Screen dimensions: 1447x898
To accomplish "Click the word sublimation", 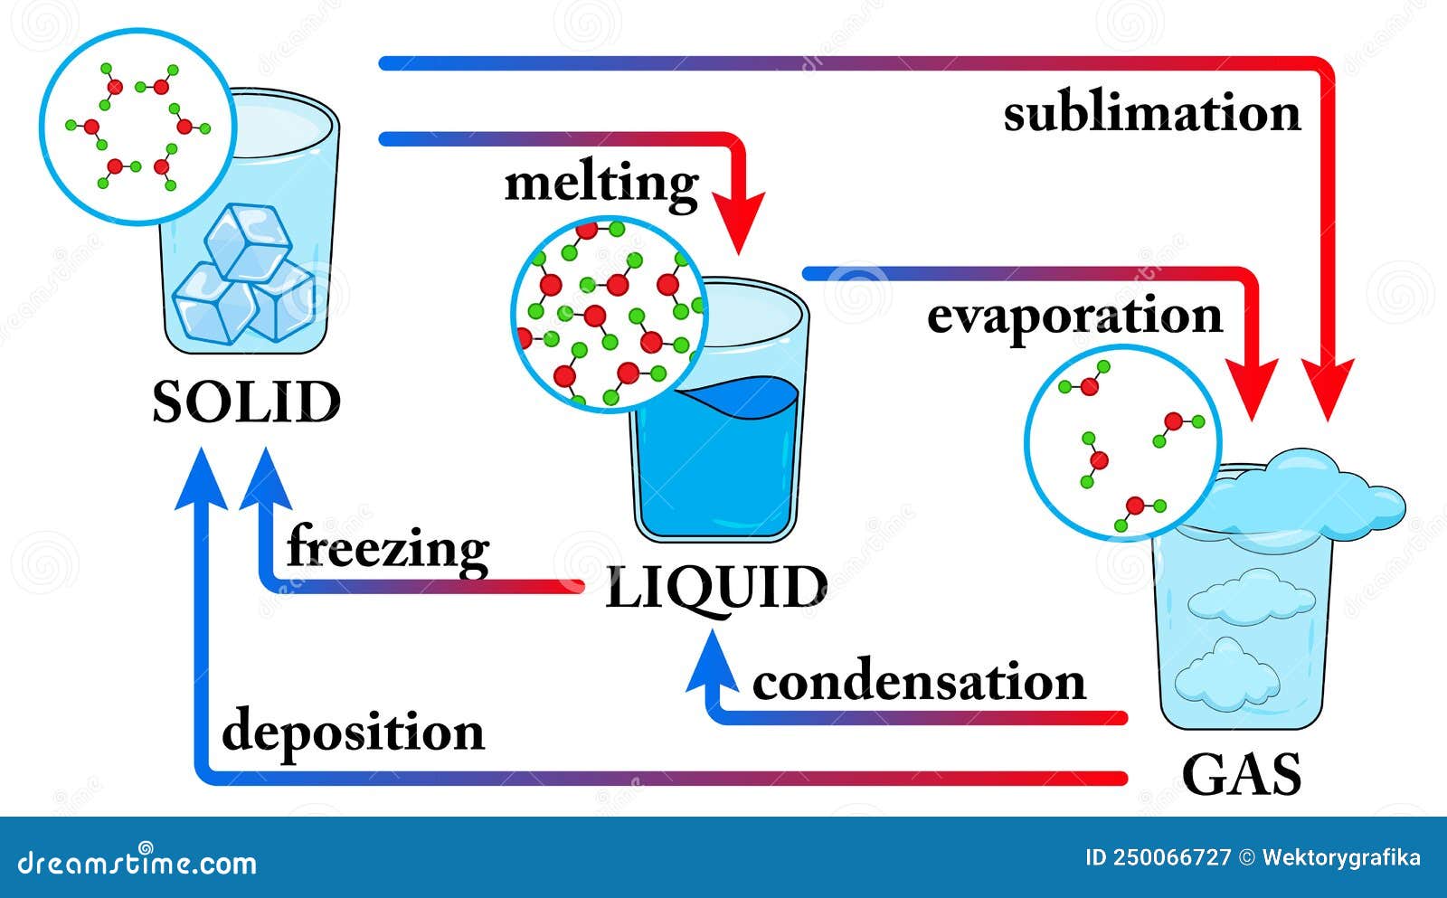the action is pos(1152,113).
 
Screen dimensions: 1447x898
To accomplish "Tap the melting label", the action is pos(601,186).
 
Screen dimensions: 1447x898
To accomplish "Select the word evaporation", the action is pos(1075,317).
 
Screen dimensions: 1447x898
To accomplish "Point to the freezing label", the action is pos(388,549).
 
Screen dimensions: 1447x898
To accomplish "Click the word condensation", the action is pos(919,682).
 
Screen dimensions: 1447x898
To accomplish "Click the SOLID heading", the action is pos(247,402).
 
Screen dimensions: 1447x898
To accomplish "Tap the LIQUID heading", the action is pos(716,588).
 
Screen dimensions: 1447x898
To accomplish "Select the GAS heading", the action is pos(1242,774).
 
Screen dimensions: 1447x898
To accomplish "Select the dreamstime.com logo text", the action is pos(137,861).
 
